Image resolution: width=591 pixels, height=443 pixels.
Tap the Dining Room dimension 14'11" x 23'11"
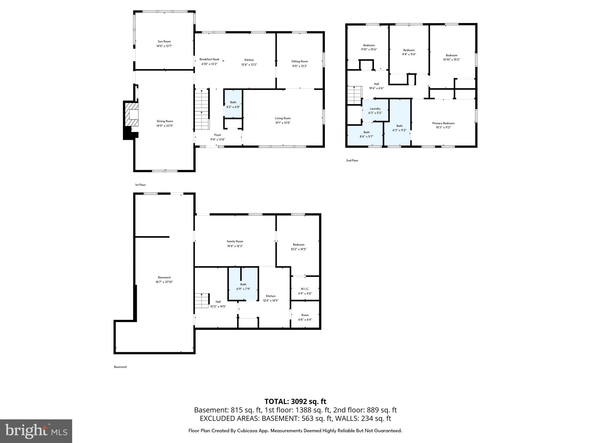click(x=165, y=126)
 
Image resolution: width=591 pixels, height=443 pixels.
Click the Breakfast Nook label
click(x=209, y=59)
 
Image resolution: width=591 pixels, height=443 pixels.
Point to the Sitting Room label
click(x=300, y=61)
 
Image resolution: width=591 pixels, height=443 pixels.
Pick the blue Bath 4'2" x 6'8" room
click(x=233, y=104)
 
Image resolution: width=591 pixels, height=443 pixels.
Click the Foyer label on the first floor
click(x=218, y=135)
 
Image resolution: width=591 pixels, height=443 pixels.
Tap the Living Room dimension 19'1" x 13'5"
click(x=283, y=123)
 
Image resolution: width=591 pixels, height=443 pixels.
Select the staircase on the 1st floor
click(x=201, y=110)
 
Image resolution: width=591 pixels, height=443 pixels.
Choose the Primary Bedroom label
click(x=443, y=123)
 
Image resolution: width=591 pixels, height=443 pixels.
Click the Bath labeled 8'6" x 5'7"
click(x=366, y=134)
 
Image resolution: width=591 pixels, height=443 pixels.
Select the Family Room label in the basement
click(x=235, y=242)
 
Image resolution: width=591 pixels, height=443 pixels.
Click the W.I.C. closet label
click(x=305, y=289)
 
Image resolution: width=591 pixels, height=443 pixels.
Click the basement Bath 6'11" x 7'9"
click(x=243, y=286)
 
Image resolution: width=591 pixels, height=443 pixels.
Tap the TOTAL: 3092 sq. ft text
click(x=295, y=401)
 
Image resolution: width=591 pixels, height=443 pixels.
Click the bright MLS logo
click(x=36, y=431)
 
